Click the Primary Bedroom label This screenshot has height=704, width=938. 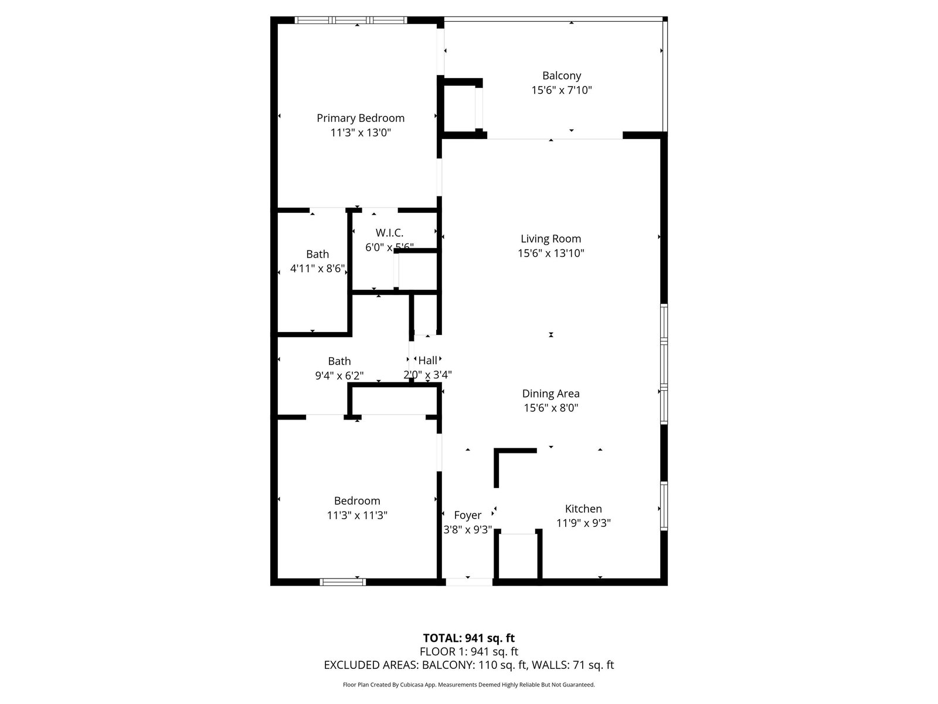pos(360,118)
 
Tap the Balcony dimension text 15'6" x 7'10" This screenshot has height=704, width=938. pos(562,90)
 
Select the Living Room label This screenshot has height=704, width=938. pos(551,239)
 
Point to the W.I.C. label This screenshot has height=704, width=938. pos(389,233)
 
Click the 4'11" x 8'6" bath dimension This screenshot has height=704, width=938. pos(318,269)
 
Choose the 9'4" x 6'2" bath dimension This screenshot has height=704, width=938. pos(339,375)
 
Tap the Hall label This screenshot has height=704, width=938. pos(428,360)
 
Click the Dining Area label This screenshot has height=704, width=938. pos(551,393)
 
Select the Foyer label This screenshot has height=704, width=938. pos(467,516)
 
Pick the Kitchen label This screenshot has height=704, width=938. pos(583,509)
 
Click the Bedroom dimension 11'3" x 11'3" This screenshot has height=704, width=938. pos(357,516)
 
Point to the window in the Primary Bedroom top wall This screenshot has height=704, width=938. pos(351,20)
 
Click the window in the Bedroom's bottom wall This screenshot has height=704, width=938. pos(343,582)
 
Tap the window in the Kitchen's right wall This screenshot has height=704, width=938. pos(664,506)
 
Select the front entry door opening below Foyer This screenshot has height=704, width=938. pos(469,582)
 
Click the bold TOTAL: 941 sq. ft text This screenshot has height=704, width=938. pos(469,638)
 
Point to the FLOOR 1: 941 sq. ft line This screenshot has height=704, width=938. pos(469,651)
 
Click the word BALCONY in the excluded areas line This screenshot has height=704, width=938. pos(447,665)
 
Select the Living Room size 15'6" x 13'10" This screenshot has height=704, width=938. pos(551,253)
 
